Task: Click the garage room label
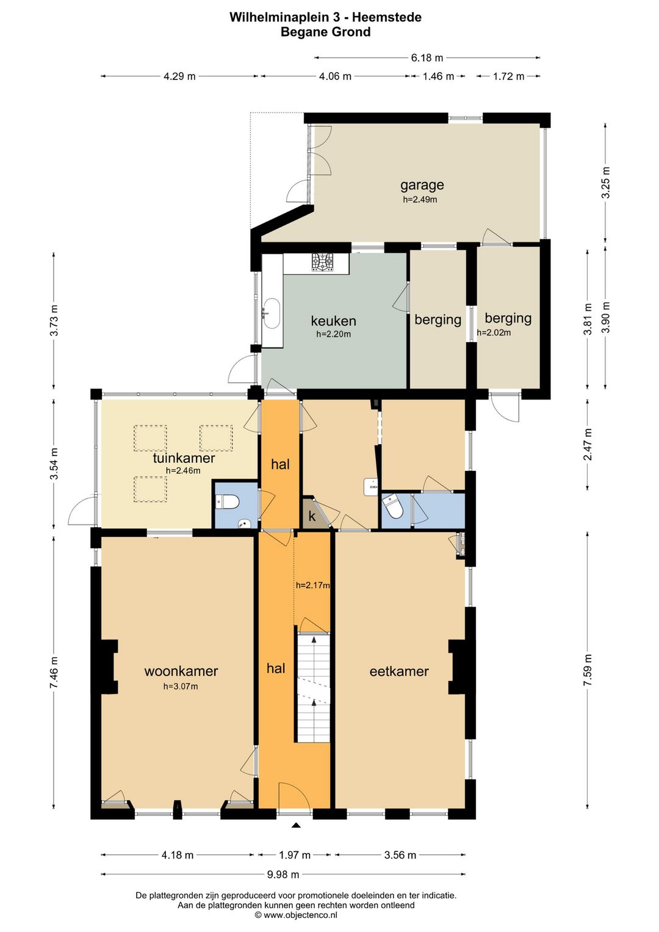click(x=422, y=184)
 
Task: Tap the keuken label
click(x=333, y=321)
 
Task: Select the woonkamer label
click(x=181, y=671)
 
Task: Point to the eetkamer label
click(x=398, y=671)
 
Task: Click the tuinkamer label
click(x=184, y=457)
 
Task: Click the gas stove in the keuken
click(x=323, y=263)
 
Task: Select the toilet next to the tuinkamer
click(x=227, y=501)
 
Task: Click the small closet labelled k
click(x=312, y=514)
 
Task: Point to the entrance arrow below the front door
click(x=295, y=825)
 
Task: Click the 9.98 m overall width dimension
click(x=283, y=874)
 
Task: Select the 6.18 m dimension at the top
click(x=427, y=57)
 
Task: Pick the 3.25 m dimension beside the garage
click(x=605, y=182)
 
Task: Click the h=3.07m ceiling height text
click(x=181, y=686)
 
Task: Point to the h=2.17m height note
click(x=312, y=585)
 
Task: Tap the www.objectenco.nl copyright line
click(x=296, y=914)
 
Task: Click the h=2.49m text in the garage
click(x=420, y=199)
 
